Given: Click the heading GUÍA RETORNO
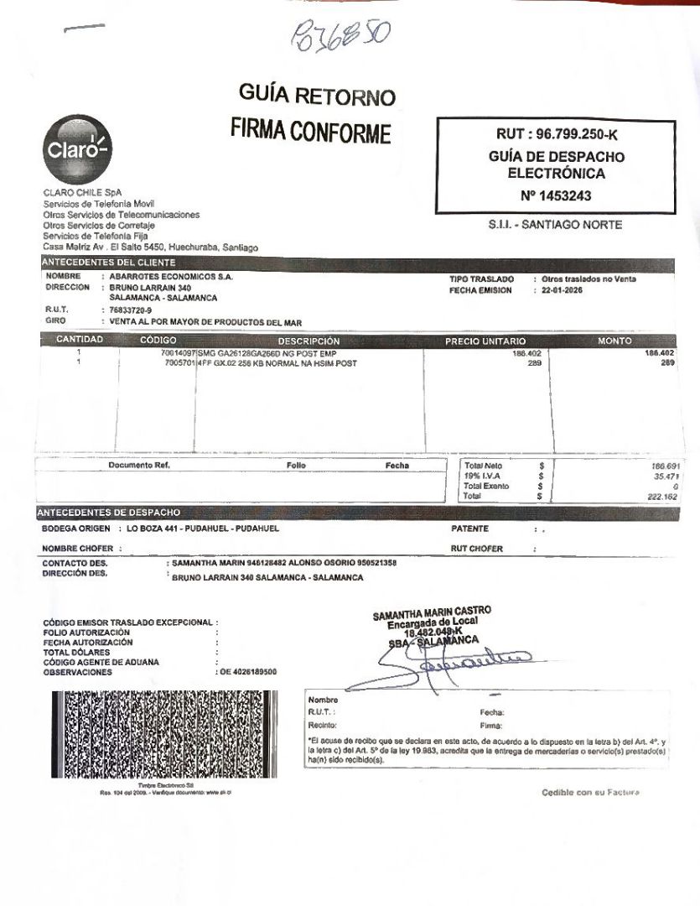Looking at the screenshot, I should click(x=317, y=96).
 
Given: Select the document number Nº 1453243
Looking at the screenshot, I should click(x=556, y=195).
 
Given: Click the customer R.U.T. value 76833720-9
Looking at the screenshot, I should click(x=131, y=310).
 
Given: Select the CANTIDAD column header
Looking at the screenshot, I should click(x=80, y=341).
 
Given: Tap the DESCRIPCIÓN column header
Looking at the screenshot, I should click(x=309, y=341).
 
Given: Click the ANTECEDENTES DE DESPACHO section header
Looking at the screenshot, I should click(x=111, y=512).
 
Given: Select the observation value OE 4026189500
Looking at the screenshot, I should click(x=248, y=672).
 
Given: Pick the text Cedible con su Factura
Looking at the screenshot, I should click(x=590, y=793).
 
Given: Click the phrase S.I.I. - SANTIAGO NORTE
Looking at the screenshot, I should click(x=556, y=225).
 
